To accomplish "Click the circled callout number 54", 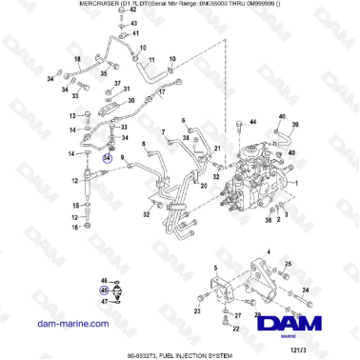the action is [108, 160].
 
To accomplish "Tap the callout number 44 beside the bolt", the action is [252, 123].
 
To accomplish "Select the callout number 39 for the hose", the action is [295, 125].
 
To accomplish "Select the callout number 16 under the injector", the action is [73, 228].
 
